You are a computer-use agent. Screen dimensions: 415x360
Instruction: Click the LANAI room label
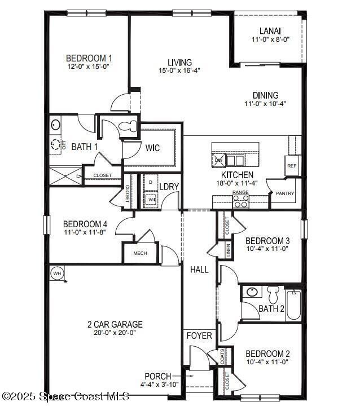[270, 31]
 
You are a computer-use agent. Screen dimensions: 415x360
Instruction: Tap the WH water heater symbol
[56, 273]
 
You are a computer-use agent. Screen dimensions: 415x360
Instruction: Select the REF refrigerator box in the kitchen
[291, 166]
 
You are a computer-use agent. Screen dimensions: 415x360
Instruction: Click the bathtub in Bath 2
[294, 305]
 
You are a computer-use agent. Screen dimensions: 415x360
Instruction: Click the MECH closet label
[140, 253]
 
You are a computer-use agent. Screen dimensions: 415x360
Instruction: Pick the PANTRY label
[282, 193]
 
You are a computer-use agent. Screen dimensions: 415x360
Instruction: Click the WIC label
[152, 148]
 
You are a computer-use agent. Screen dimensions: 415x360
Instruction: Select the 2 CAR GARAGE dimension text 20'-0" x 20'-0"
[115, 333]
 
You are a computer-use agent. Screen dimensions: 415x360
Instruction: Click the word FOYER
[199, 336]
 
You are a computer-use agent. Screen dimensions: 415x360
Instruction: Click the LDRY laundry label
[169, 187]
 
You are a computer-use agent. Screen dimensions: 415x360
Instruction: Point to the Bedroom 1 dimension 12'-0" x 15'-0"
[88, 66]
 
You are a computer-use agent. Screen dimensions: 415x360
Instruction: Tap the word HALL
[199, 270]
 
